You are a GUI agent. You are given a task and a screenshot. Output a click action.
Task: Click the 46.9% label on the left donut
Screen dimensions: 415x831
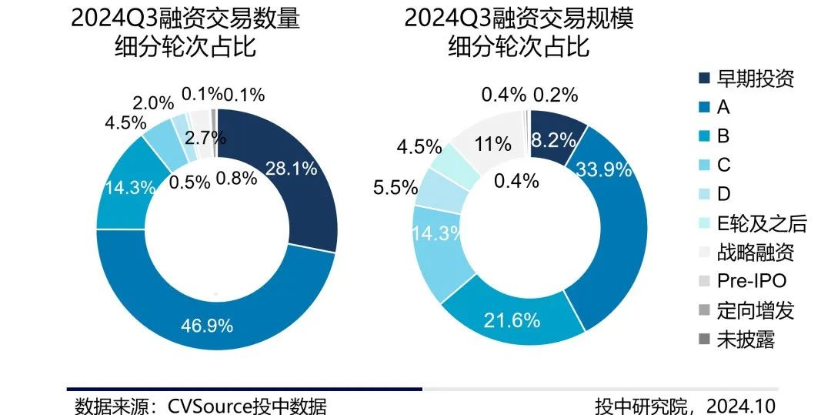point(205,326)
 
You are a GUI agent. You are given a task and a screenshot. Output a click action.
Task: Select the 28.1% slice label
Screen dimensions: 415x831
point(290,169)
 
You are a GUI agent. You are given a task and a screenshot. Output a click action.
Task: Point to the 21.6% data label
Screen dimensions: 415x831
point(512,320)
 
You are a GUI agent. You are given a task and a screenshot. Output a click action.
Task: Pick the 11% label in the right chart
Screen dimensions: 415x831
point(492,143)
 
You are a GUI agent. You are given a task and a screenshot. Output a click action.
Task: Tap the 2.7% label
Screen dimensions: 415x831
point(205,139)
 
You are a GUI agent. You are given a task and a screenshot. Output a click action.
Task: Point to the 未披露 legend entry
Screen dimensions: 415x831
point(746,340)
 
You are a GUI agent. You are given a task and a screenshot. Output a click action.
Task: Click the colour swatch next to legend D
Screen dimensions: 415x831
point(704,194)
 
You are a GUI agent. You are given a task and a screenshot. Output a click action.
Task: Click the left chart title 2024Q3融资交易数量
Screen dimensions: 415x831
point(185,19)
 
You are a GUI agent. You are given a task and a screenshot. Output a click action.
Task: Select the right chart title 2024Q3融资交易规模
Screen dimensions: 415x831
point(519,19)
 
